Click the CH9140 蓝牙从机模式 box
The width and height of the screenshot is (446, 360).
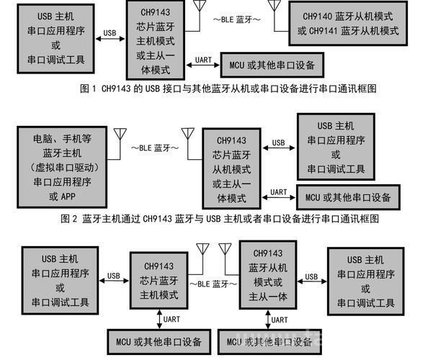348,23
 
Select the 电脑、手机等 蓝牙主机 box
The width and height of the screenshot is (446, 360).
62,167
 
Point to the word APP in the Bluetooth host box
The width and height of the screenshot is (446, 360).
68,197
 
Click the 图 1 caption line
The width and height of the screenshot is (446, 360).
228,89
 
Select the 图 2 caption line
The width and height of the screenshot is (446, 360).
220,219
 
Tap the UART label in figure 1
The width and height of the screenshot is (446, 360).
203,60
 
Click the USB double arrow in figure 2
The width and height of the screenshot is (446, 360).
279,148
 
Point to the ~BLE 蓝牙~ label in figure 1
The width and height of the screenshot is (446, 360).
236,19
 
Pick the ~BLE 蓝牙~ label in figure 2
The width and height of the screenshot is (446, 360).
155,148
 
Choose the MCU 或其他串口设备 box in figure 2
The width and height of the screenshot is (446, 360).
349,197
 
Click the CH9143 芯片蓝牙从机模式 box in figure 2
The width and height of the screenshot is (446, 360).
231,168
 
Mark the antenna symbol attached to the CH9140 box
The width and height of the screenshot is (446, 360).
275,16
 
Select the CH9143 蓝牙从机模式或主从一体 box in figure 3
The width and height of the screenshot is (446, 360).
268,275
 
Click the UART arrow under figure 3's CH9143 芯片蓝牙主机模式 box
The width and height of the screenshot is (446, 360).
159,320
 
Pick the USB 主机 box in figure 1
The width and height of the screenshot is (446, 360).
55,39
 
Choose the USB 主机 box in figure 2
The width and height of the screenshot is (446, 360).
336,147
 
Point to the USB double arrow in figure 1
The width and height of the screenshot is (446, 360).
110,39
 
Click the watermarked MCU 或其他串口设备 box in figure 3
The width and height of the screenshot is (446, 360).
269,342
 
